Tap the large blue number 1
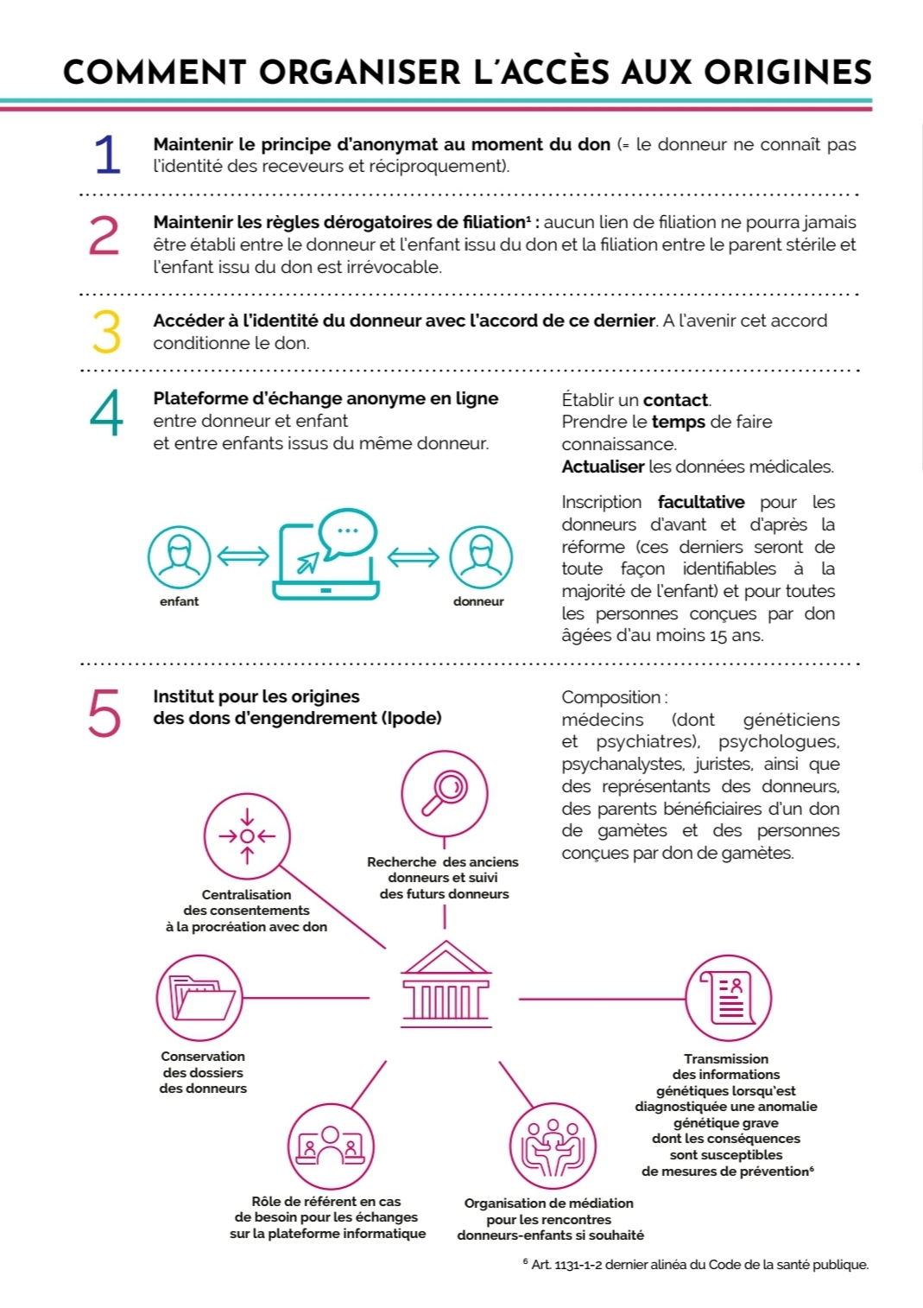click(x=106, y=156)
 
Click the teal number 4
click(x=106, y=413)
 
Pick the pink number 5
click(x=104, y=713)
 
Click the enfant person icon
click(x=179, y=557)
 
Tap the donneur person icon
click(x=480, y=557)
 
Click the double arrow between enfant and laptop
click(x=243, y=556)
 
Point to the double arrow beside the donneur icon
click(x=414, y=556)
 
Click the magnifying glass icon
click(x=444, y=793)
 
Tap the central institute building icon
click(x=446, y=984)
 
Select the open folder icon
click(x=199, y=998)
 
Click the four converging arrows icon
click(x=247, y=836)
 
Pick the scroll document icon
click(x=728, y=998)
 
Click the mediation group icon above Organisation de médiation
click(x=553, y=1147)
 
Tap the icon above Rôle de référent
click(x=330, y=1146)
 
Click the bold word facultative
click(x=700, y=502)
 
